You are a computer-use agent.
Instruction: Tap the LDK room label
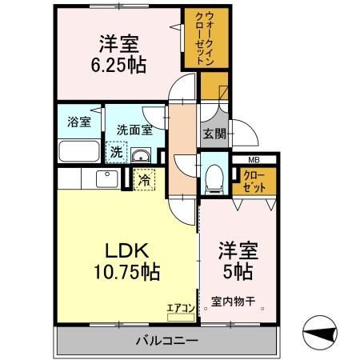tap(122, 247)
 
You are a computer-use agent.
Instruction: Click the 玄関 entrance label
tap(214, 133)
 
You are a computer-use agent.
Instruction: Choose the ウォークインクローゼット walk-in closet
tap(198, 38)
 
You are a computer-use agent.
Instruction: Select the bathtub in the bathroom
tap(79, 150)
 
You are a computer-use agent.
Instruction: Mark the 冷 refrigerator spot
tap(143, 180)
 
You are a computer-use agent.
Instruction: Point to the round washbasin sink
tap(141, 154)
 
